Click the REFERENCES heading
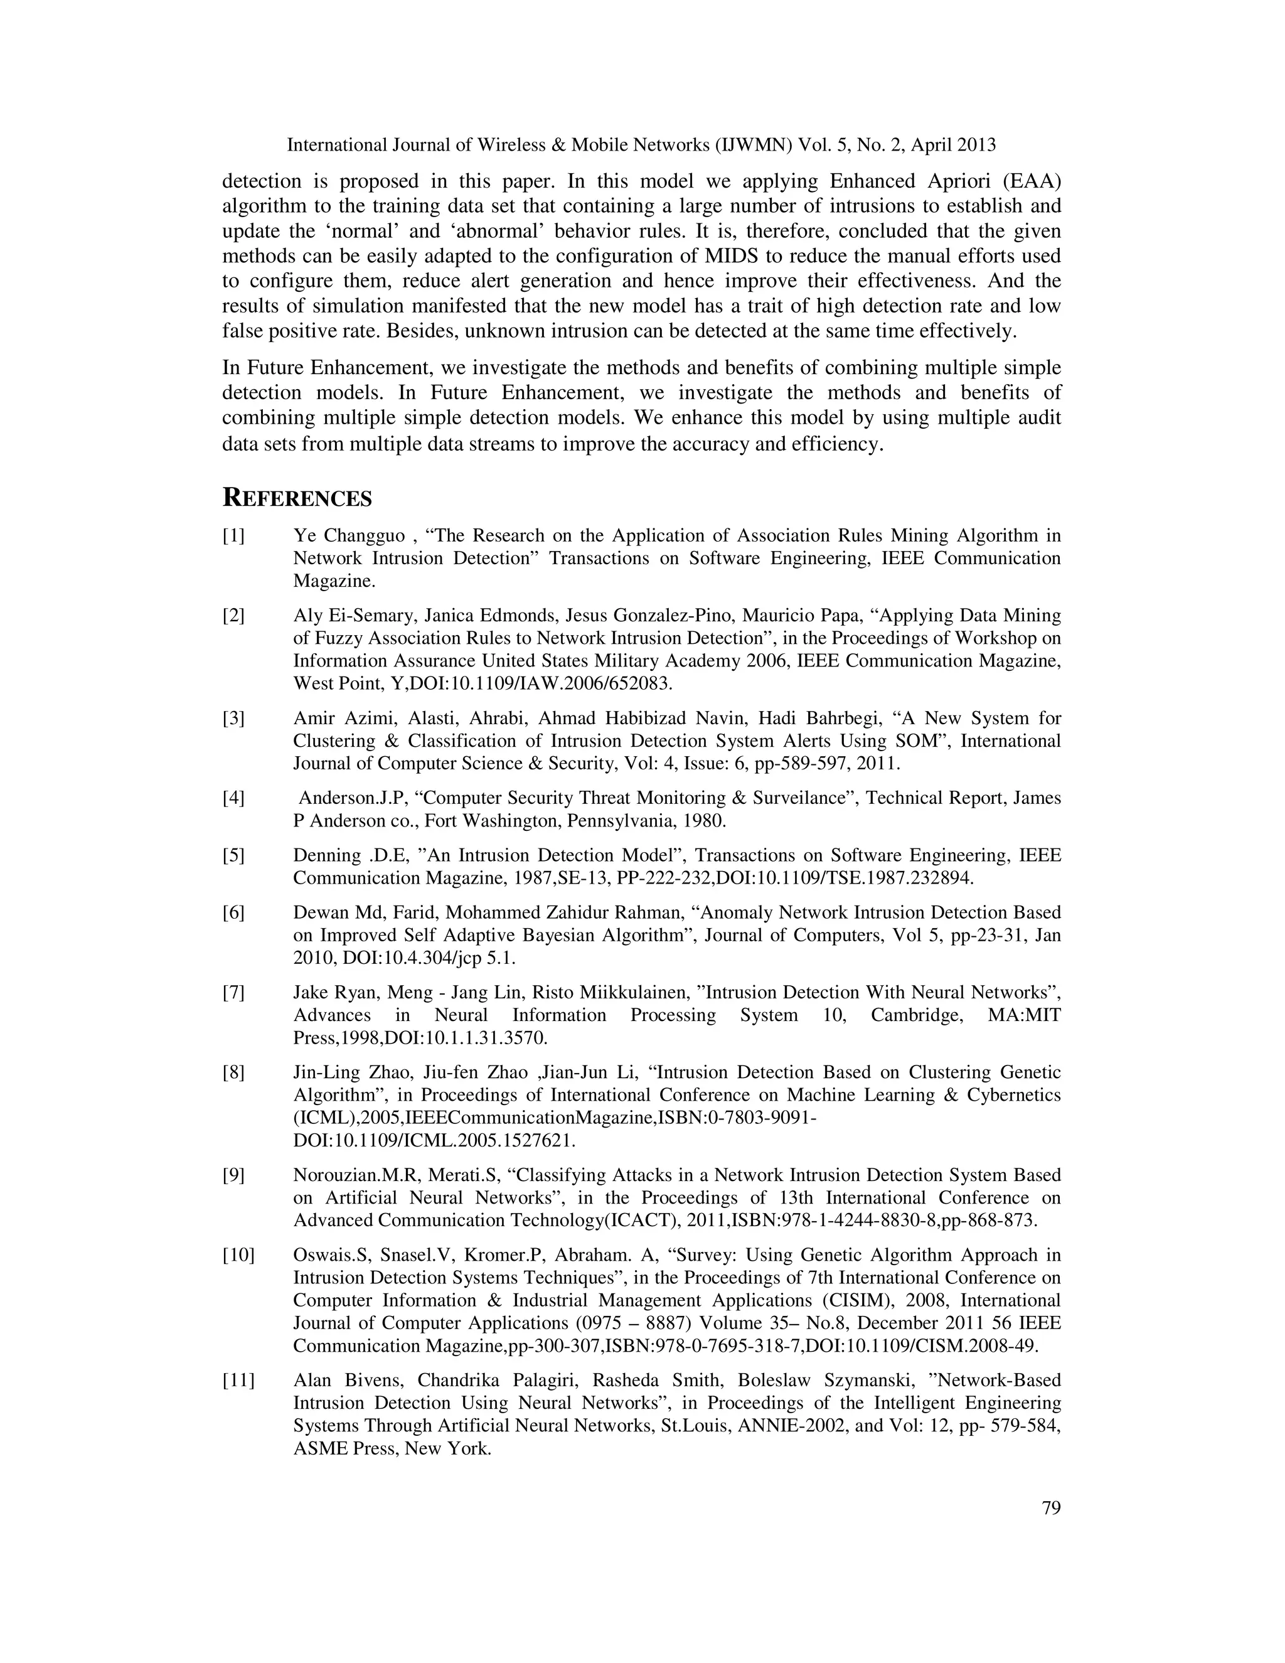point(297,499)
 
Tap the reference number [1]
point(233,536)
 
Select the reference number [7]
point(233,993)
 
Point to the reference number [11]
point(238,1381)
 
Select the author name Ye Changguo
point(349,536)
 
